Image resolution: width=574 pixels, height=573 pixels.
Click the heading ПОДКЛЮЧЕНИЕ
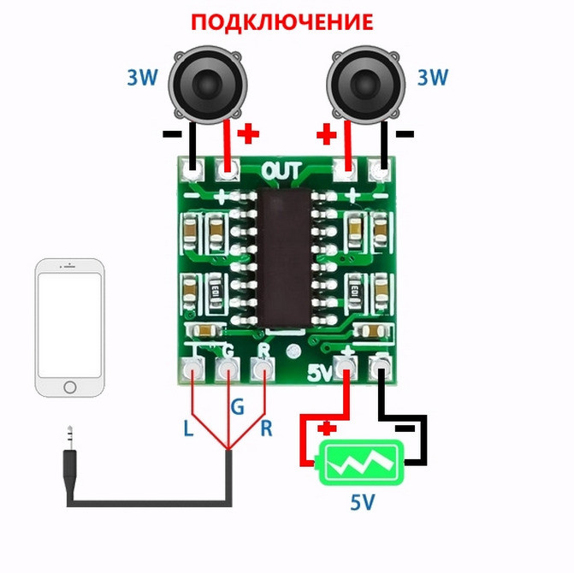pyautogui.click(x=281, y=22)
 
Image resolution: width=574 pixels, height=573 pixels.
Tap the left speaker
pyautogui.click(x=208, y=84)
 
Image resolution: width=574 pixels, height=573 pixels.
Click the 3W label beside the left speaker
pyautogui.click(x=143, y=79)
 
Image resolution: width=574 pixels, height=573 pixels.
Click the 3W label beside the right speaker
pyautogui.click(x=432, y=79)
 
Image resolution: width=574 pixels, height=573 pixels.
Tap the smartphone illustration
pyautogui.click(x=69, y=328)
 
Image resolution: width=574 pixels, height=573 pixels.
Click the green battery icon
pyautogui.click(x=359, y=463)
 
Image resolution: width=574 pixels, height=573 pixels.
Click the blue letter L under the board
pyautogui.click(x=188, y=428)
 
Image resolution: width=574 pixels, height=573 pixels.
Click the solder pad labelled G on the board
pyautogui.click(x=228, y=370)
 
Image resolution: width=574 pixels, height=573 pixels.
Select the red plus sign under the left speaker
pyautogui.click(x=248, y=133)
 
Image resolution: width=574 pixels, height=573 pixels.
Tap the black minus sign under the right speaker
pyautogui.click(x=405, y=133)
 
